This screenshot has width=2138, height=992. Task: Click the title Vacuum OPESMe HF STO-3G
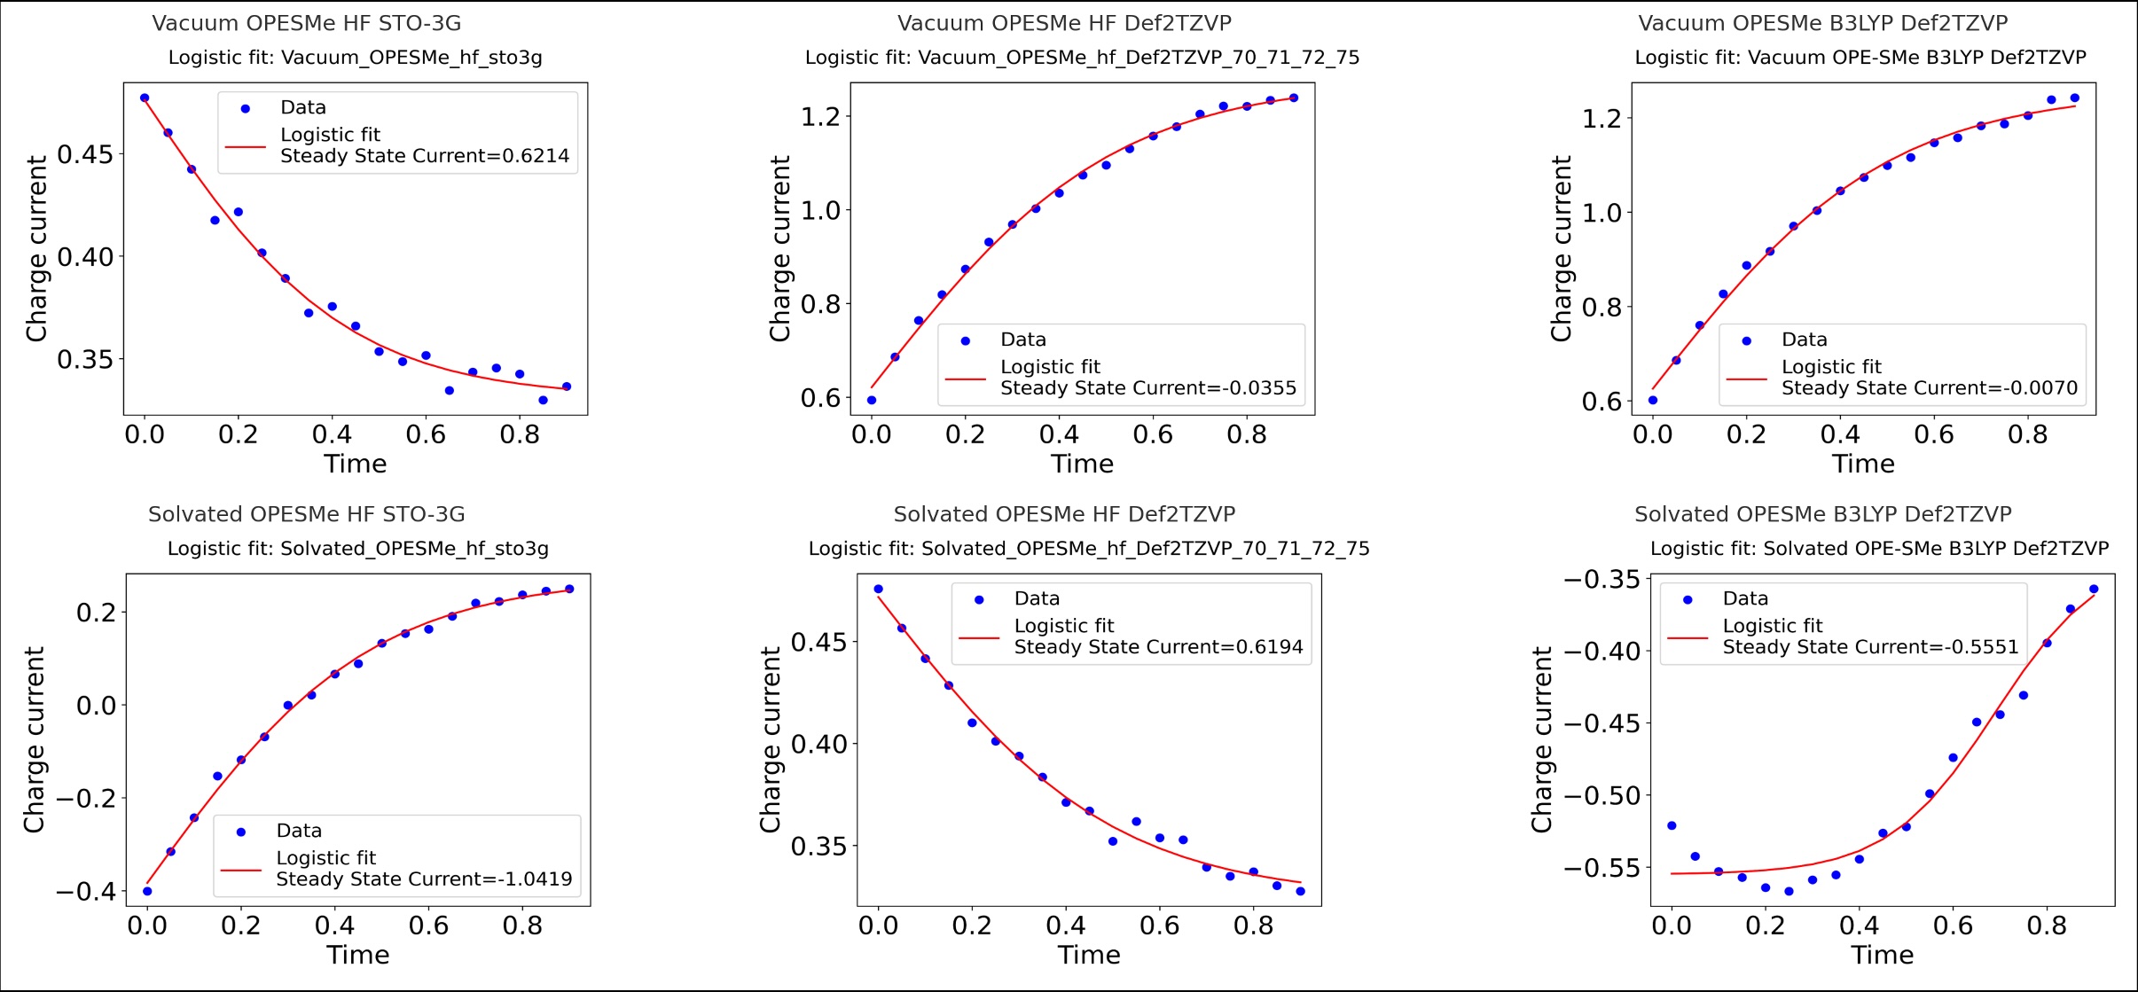tap(306, 23)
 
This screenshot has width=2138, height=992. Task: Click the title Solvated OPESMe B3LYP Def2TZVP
tap(1822, 514)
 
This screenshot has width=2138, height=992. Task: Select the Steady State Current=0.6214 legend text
tap(424, 156)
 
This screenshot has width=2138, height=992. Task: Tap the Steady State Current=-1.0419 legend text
tap(424, 879)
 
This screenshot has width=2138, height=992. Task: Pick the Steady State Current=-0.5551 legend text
tap(1870, 647)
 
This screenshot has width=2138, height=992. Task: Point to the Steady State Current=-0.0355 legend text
tap(1147, 388)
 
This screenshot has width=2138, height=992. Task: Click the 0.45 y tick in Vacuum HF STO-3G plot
tap(85, 154)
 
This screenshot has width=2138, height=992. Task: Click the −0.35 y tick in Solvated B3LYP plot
tap(1602, 580)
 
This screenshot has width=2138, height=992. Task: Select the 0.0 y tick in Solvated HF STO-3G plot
tap(97, 706)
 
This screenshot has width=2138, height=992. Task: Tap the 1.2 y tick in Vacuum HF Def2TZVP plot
tap(820, 117)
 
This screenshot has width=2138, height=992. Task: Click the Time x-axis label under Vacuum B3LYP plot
tap(1863, 464)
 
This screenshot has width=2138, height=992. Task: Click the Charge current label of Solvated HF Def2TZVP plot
tap(770, 739)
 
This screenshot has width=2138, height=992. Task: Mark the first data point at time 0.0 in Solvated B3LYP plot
tap(1672, 825)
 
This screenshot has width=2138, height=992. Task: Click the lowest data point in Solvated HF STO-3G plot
tap(147, 891)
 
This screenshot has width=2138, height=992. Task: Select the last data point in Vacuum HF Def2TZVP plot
tap(1294, 98)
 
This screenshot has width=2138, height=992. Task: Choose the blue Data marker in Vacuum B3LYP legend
tap(1746, 340)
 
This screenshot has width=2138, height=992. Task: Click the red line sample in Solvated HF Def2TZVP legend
tap(978, 637)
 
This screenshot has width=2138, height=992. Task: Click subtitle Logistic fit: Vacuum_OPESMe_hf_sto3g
tap(355, 58)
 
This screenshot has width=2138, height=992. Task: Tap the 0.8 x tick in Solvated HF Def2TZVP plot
tap(1253, 926)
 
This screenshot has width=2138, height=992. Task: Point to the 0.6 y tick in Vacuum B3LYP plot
tap(1602, 402)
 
